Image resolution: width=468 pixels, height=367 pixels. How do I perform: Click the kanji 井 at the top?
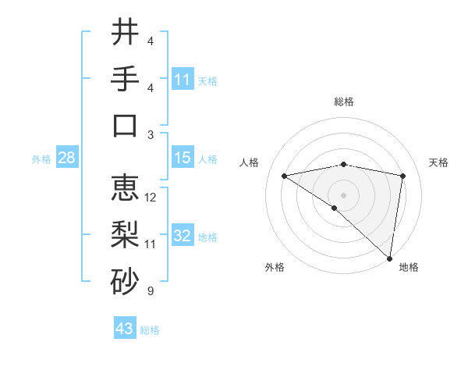[125, 33]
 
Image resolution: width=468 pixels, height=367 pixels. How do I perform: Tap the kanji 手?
[125, 79]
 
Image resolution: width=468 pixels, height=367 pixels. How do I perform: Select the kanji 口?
[125, 125]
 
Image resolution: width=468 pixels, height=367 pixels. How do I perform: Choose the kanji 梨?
[125, 233]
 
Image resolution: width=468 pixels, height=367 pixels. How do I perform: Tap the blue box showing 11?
[183, 79]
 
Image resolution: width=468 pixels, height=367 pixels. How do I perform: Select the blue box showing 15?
[183, 158]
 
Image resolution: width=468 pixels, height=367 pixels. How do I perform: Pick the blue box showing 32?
[183, 236]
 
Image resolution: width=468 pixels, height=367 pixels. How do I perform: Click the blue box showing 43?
[125, 329]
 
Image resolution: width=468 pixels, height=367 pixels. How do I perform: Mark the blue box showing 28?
[67, 158]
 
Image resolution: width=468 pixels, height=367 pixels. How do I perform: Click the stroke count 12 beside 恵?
[151, 198]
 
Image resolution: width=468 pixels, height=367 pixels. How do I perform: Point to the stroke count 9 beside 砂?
[151, 291]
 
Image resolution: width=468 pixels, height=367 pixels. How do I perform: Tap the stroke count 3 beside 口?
[151, 135]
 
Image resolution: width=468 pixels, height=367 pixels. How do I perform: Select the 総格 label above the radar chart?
[344, 102]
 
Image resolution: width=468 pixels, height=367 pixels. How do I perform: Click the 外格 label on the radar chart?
[275, 268]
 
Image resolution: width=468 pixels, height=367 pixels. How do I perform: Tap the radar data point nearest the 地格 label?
[389, 257]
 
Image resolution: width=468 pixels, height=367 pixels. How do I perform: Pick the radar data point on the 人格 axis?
[285, 176]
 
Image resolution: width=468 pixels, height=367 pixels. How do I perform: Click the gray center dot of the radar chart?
[344, 194]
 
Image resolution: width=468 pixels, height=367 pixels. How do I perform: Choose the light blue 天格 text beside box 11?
[207, 80]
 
